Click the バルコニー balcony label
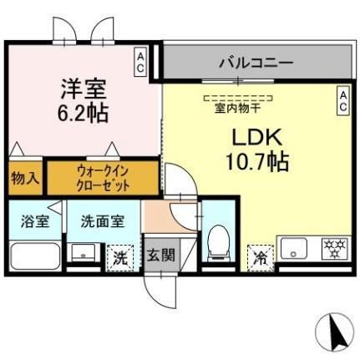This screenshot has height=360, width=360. tap(256, 62)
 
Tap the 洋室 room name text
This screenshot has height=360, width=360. tap(82, 87)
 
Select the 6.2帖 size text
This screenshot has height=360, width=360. tap(82, 112)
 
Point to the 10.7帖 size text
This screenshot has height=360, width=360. tap(256, 161)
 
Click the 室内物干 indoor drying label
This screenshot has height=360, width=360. tap(238, 107)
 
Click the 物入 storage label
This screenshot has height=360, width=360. tap(25, 178)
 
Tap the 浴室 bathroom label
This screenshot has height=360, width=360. tap(34, 222)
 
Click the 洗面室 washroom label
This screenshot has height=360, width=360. tap(103, 222)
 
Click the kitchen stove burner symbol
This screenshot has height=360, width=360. tap(335, 248)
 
